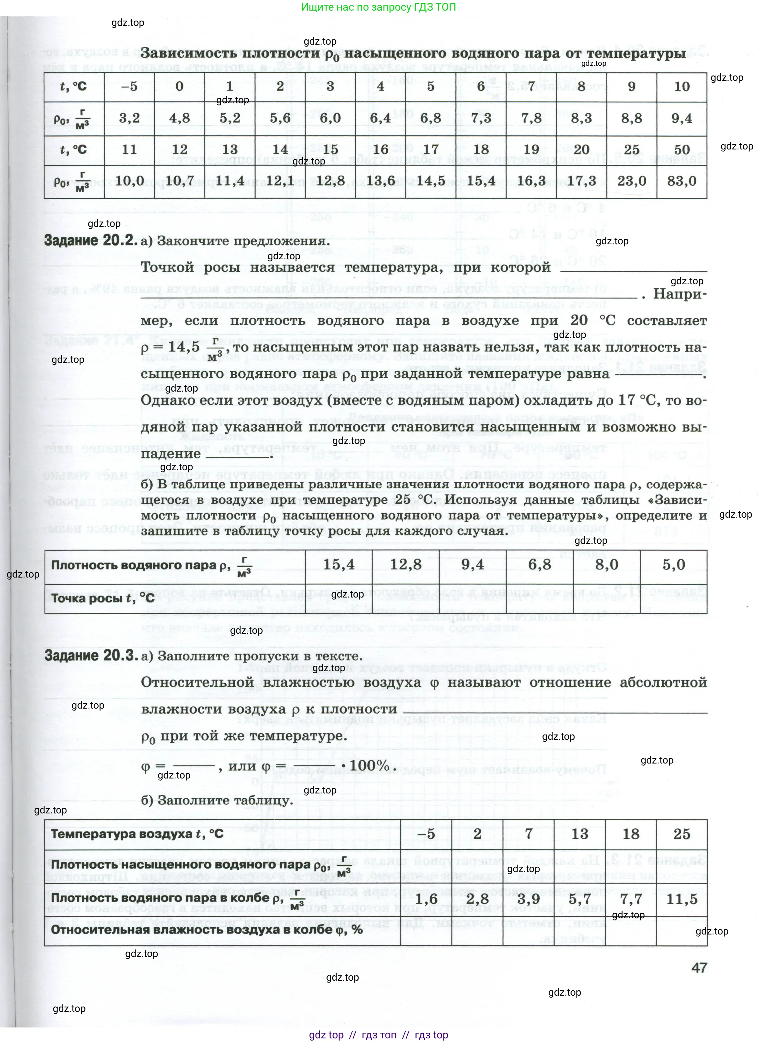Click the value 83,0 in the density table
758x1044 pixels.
tap(682, 181)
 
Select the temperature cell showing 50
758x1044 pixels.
tap(682, 149)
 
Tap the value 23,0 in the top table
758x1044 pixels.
tap(631, 181)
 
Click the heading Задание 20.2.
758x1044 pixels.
tap(91, 240)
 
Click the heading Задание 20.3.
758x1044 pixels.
tap(91, 656)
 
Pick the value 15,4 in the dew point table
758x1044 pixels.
tap(339, 565)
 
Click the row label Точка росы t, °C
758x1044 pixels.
tap(103, 598)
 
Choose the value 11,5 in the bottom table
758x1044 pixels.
tap(682, 899)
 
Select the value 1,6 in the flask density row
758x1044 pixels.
tap(426, 899)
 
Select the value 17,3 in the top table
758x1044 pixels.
tap(581, 181)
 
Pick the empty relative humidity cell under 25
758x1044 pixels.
tap(682, 931)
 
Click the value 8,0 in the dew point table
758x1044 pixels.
tap(606, 565)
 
